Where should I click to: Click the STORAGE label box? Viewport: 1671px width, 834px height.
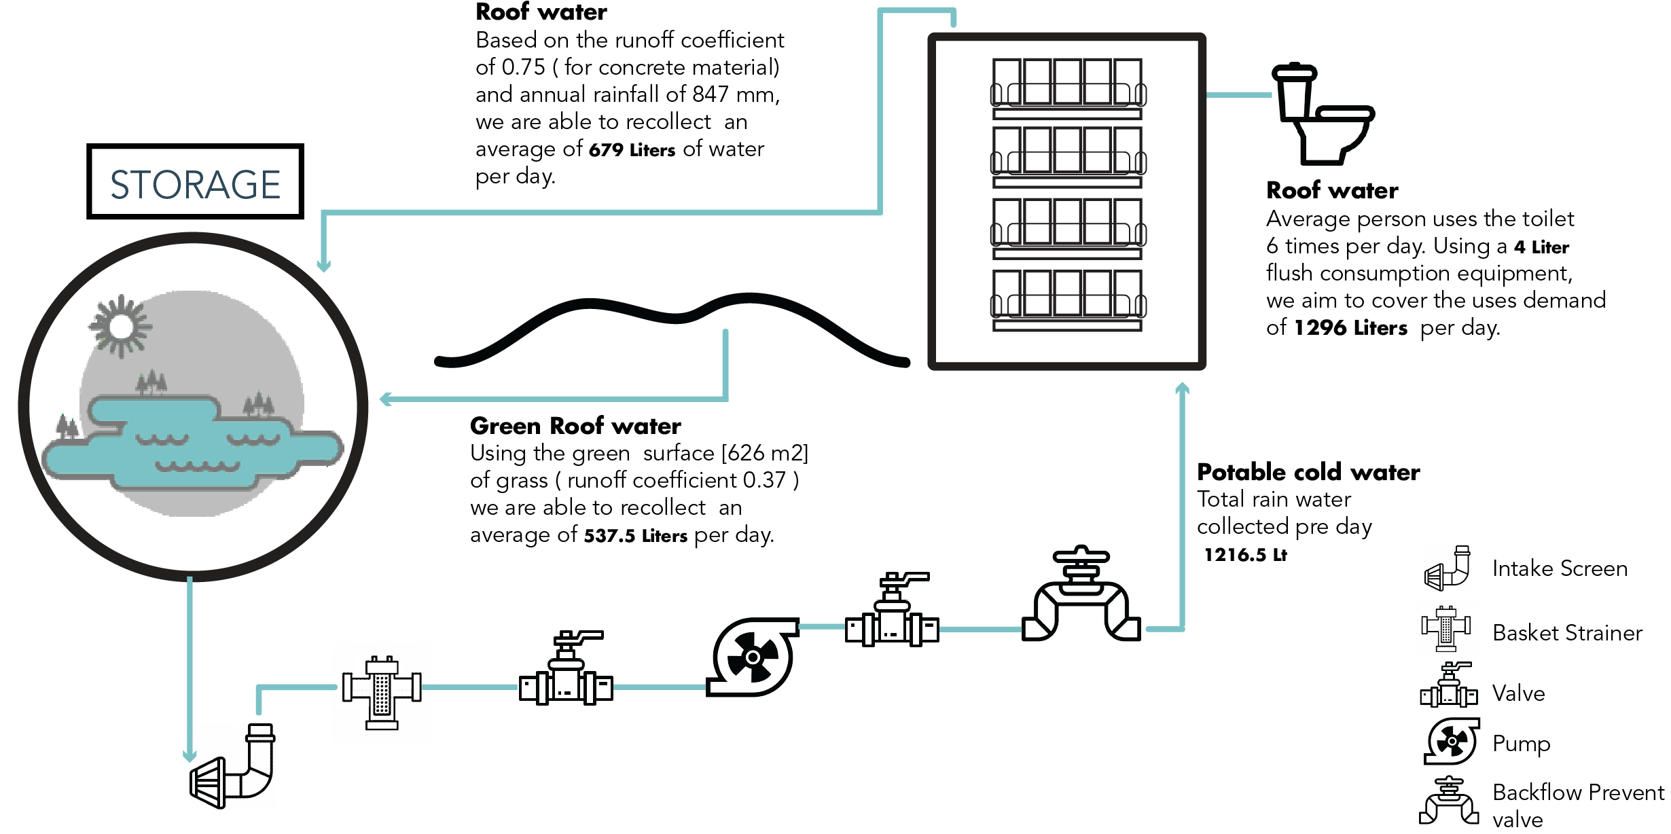click(x=195, y=182)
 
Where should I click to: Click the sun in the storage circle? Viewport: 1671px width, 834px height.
click(x=122, y=327)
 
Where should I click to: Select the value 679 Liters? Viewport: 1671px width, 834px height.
click(x=631, y=150)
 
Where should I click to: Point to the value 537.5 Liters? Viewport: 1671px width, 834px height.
click(x=635, y=536)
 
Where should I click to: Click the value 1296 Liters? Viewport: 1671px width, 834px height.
click(x=1350, y=328)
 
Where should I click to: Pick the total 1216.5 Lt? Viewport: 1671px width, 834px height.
click(x=1245, y=555)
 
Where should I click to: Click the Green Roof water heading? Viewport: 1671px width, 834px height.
click(x=575, y=426)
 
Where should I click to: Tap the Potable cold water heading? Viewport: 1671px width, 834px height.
click(x=1308, y=472)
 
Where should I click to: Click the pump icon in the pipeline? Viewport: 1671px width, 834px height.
click(x=753, y=656)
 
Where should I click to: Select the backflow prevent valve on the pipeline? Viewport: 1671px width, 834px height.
click(x=1081, y=598)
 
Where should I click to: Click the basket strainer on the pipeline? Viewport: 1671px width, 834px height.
click(x=382, y=693)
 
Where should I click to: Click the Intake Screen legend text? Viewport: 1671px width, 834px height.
click(x=1560, y=568)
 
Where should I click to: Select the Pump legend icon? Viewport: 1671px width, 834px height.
click(x=1452, y=742)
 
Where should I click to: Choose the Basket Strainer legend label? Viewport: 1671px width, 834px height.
click(x=1567, y=633)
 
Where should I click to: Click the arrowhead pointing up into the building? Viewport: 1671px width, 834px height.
click(x=1182, y=388)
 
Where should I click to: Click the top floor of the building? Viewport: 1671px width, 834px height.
click(x=1067, y=87)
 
